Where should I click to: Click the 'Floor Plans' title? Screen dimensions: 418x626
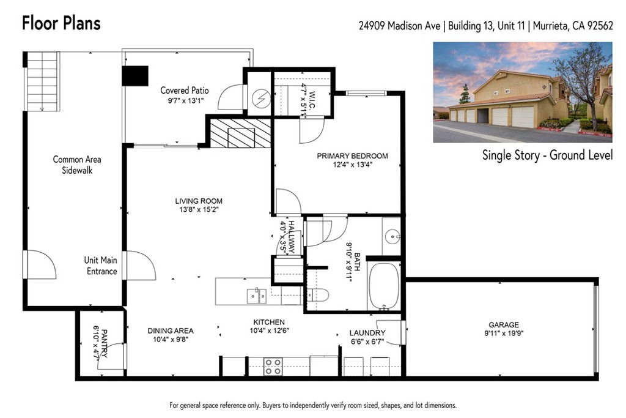point(61,24)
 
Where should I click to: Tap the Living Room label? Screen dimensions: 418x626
point(199,201)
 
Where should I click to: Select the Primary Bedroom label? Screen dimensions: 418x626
point(352,156)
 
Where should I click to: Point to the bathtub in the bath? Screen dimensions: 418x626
point(384,286)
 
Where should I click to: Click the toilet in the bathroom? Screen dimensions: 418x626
point(318,294)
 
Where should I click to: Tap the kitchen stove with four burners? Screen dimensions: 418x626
point(273,366)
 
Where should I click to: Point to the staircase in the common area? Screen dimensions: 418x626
point(43,81)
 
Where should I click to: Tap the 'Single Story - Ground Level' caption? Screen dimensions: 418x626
point(547,155)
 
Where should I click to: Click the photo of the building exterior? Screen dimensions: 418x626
point(523,92)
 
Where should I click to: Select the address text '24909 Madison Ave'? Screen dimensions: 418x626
point(401,26)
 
